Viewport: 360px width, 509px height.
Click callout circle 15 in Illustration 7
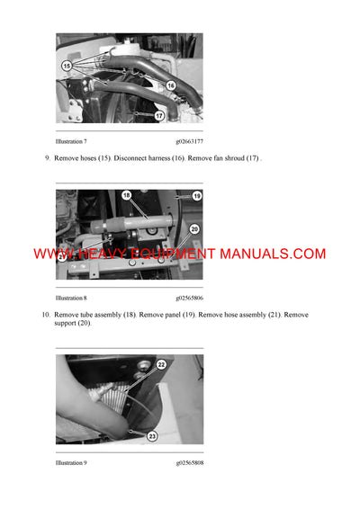pyautogui.click(x=67, y=66)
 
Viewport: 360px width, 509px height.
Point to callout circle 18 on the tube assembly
pyautogui.click(x=126, y=195)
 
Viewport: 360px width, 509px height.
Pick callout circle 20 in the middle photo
pyautogui.click(x=195, y=228)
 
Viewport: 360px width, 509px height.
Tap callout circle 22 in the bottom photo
pyautogui.click(x=161, y=364)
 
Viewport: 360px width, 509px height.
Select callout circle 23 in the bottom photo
pyautogui.click(x=152, y=436)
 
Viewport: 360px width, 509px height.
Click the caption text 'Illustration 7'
pyautogui.click(x=71, y=141)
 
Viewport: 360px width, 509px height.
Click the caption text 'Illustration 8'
pyautogui.click(x=71, y=298)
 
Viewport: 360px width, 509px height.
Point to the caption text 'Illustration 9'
pyautogui.click(x=71, y=463)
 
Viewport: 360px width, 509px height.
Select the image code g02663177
pyautogui.click(x=189, y=141)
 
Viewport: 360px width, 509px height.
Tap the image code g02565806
pyautogui.click(x=189, y=298)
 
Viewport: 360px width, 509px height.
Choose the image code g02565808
pyautogui.click(x=189, y=463)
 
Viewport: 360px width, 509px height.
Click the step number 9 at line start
pyautogui.click(x=46, y=158)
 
